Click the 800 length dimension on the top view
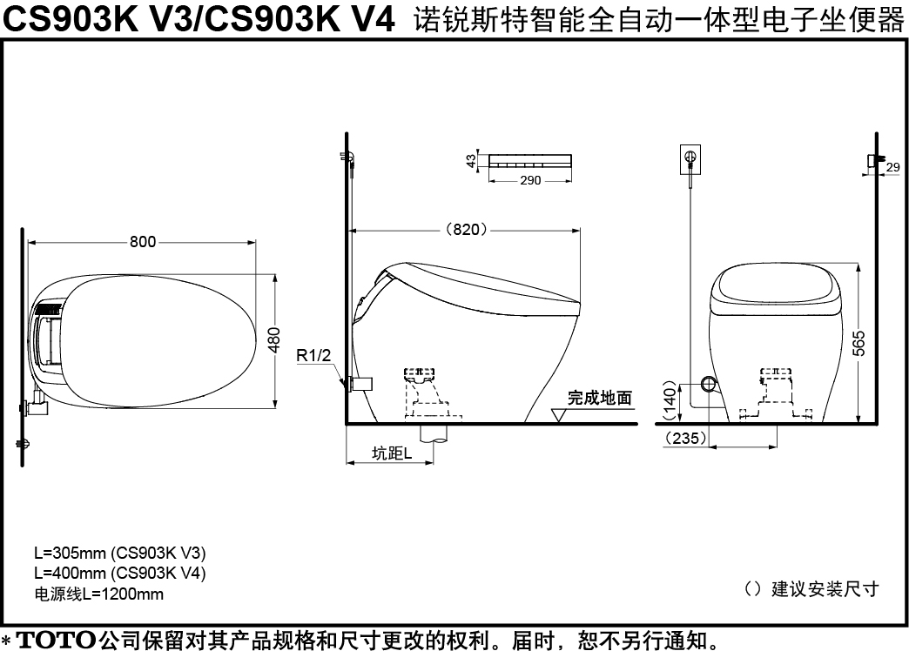[x=143, y=241]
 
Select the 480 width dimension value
[x=274, y=340]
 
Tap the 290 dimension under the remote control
[x=530, y=180]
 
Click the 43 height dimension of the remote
[x=471, y=160]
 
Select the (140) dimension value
[x=670, y=400]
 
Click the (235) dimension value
[x=686, y=438]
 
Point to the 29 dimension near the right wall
[x=892, y=167]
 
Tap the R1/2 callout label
[x=313, y=355]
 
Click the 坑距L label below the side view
[x=392, y=453]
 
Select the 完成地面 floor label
[x=599, y=398]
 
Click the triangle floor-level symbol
[x=560, y=416]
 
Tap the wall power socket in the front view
[x=690, y=159]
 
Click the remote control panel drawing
[x=530, y=161]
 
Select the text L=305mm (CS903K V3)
[x=120, y=553]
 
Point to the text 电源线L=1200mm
[x=98, y=594]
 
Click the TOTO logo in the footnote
[x=56, y=640]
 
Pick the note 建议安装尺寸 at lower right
[x=825, y=589]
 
